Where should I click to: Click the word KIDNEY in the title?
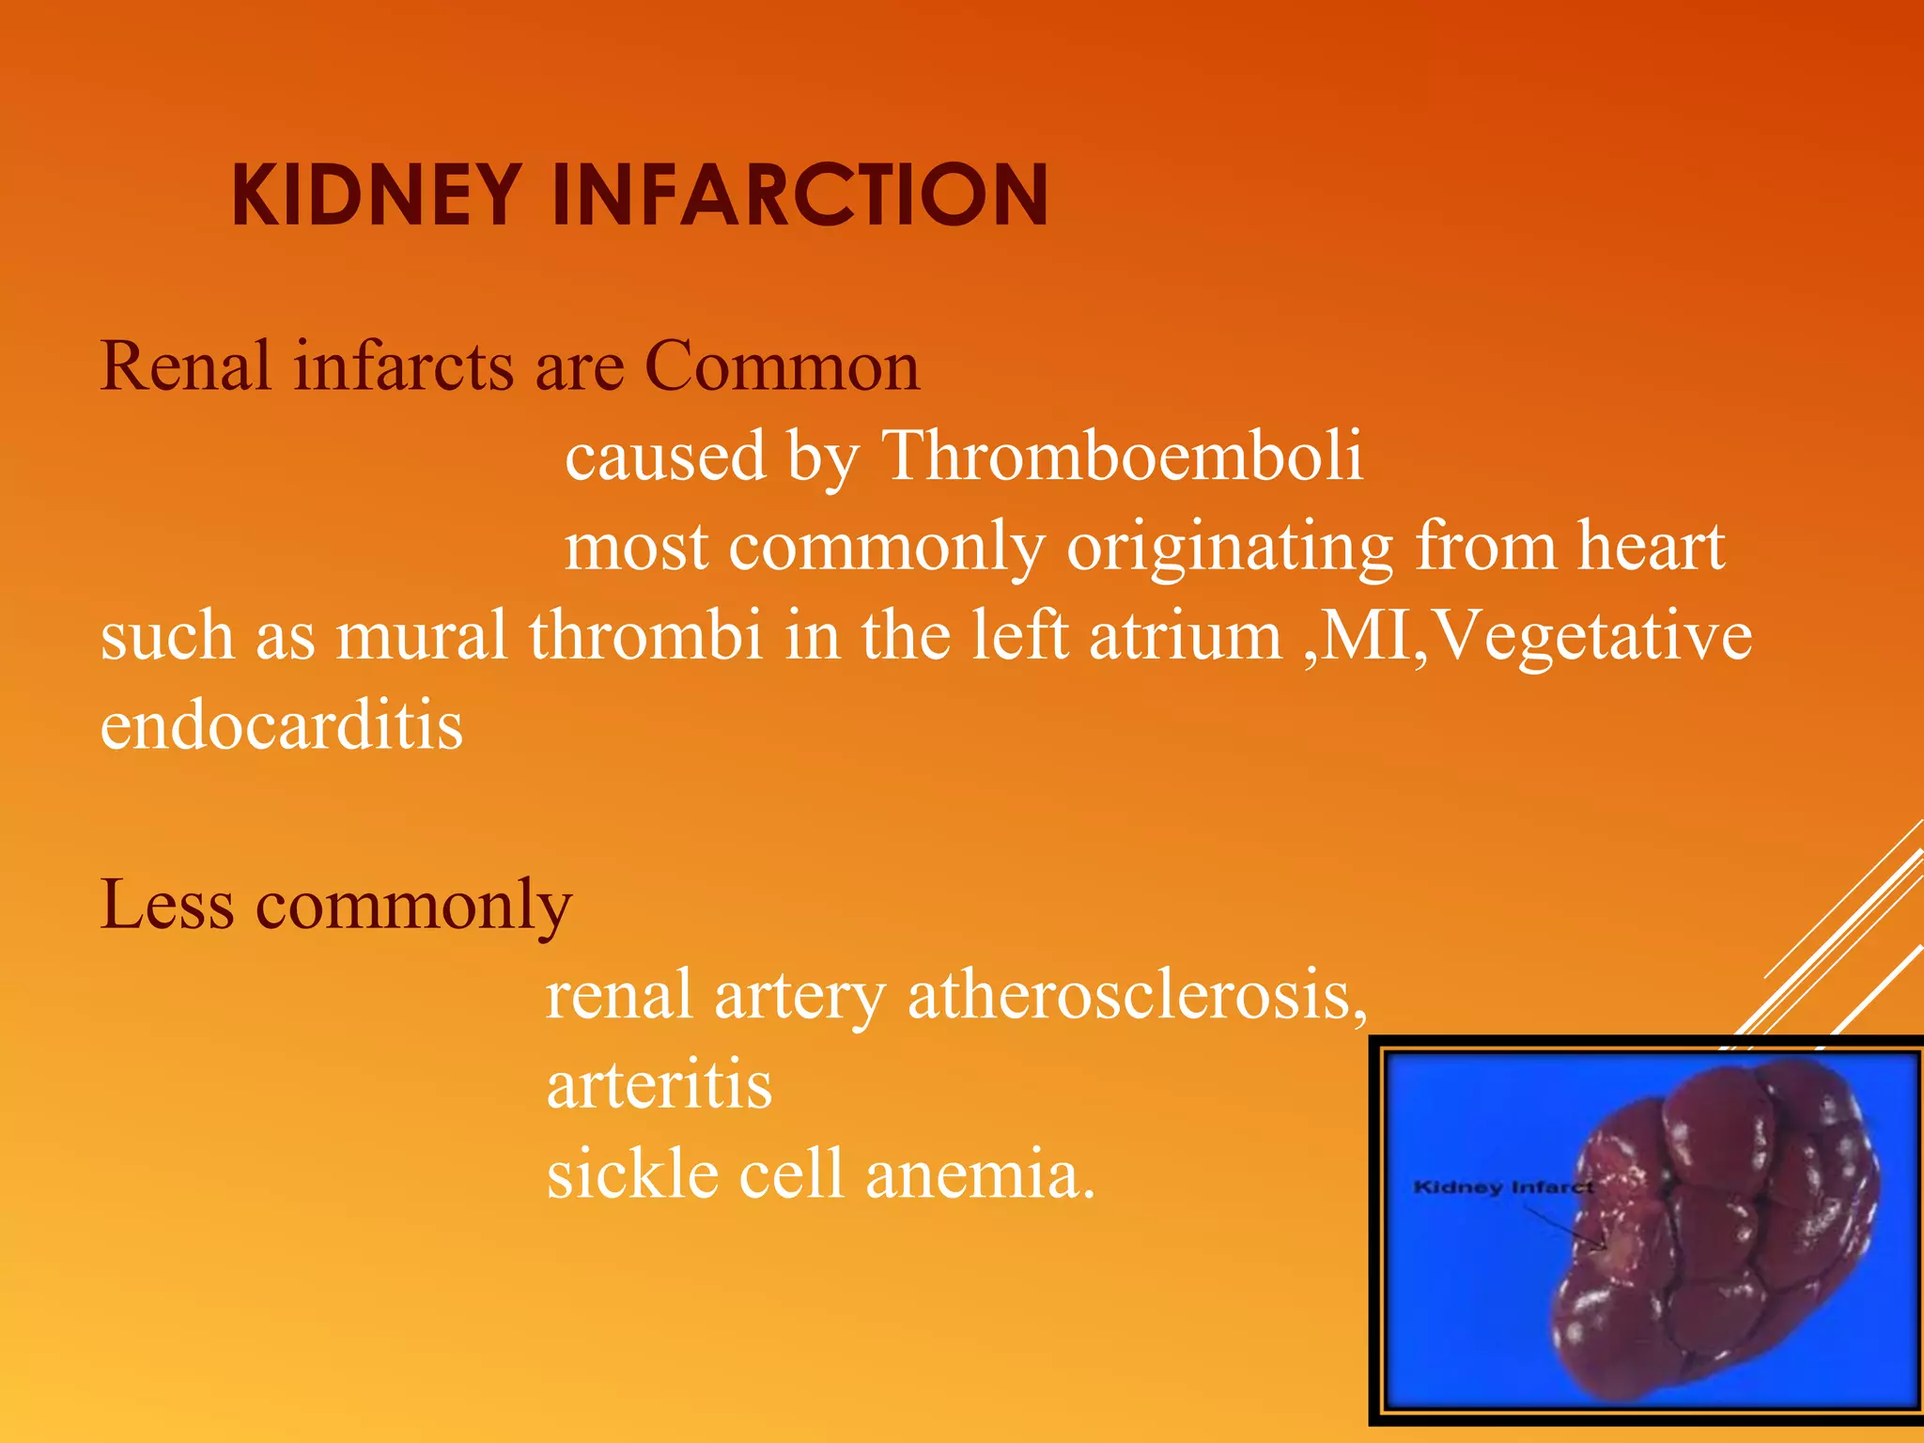[376, 195]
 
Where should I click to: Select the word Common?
[782, 366]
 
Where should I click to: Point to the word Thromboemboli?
[1123, 457]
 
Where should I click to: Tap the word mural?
[422, 636]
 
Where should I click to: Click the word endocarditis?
[282, 725]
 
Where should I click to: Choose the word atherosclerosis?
[1137, 994]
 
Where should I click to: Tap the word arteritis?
[659, 1085]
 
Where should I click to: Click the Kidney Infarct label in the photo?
[1502, 1187]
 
